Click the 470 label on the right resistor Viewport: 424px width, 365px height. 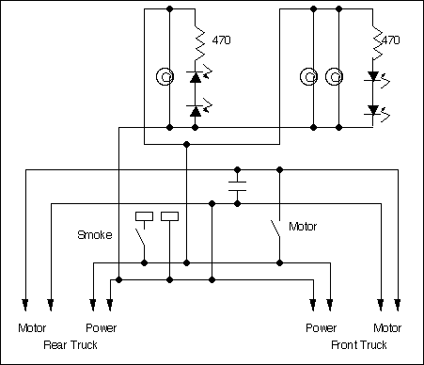tap(391, 41)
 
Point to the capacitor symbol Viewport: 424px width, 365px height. tap(238, 184)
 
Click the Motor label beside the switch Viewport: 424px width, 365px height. tap(304, 227)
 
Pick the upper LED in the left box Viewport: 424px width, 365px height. tap(196, 75)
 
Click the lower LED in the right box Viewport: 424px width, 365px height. tap(374, 111)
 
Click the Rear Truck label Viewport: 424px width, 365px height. tap(70, 345)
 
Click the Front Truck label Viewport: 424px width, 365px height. tap(361, 345)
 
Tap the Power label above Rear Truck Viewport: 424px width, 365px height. tap(101, 329)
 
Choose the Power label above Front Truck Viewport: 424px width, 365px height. tap(321, 329)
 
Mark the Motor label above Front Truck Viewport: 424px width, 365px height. tap(387, 329)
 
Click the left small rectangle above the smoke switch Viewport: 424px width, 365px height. tap(145, 216)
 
